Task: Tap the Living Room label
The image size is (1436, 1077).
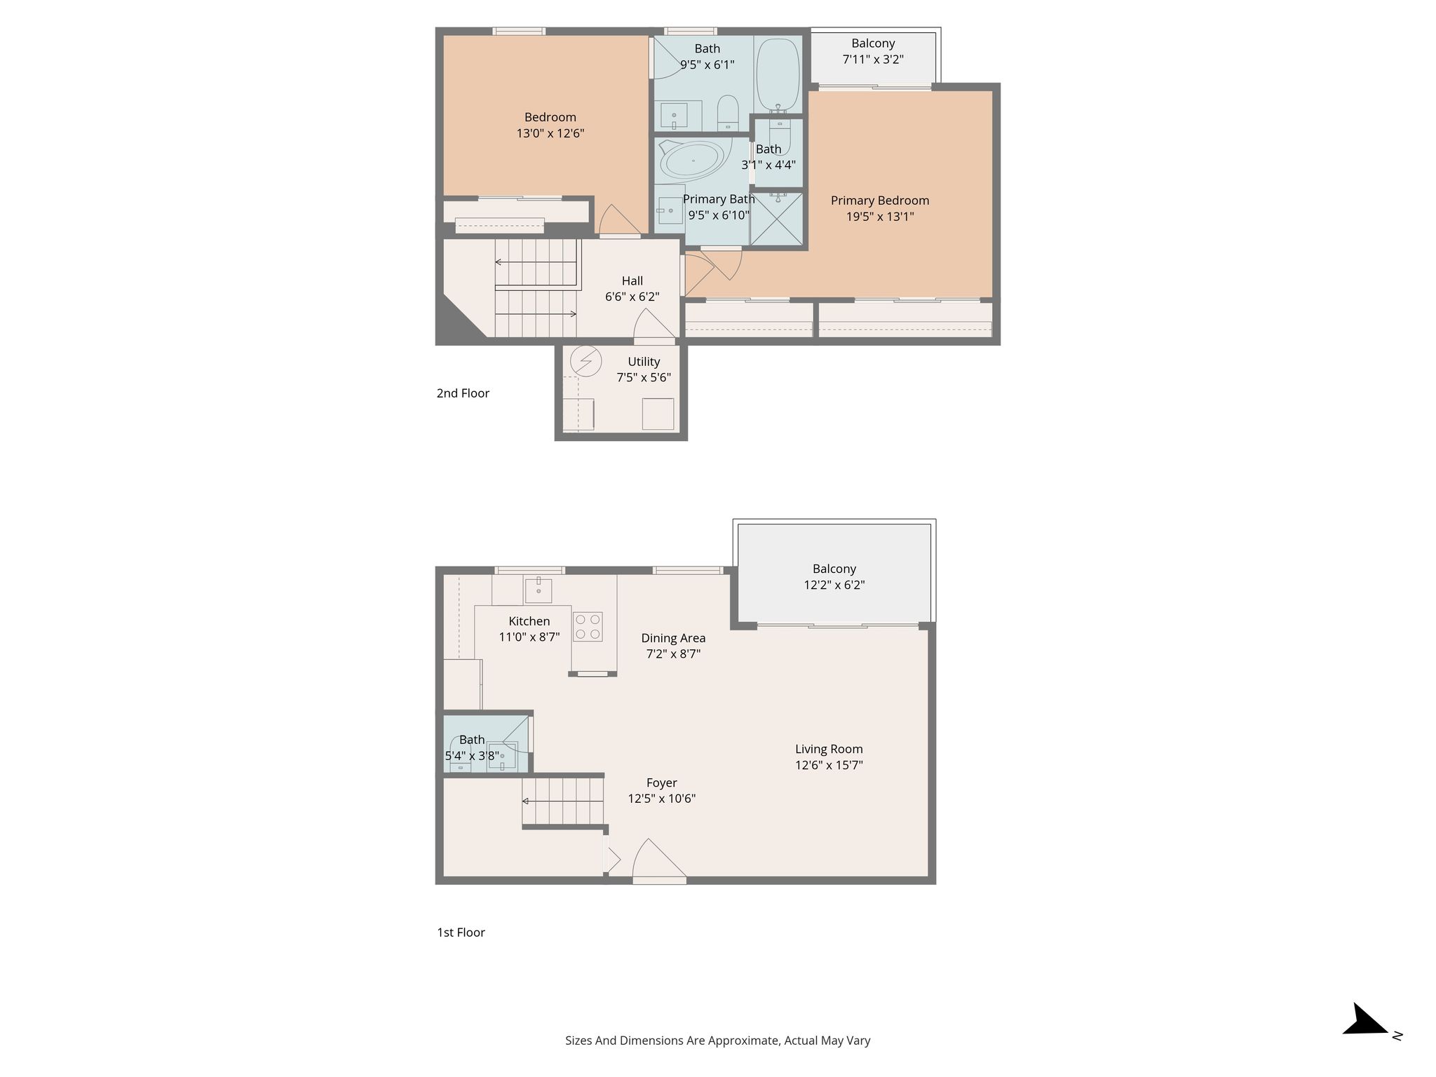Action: click(x=829, y=749)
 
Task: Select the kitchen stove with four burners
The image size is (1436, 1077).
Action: click(x=588, y=626)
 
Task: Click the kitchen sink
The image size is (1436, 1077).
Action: click(x=538, y=590)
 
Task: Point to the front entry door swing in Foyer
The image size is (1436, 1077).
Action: click(x=658, y=858)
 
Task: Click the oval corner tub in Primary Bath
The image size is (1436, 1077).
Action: click(x=693, y=161)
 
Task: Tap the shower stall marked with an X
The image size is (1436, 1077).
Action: click(x=775, y=219)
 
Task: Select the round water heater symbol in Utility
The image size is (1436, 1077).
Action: click(x=585, y=362)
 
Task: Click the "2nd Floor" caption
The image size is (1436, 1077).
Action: click(x=463, y=393)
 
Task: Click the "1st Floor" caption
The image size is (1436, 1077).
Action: click(x=461, y=933)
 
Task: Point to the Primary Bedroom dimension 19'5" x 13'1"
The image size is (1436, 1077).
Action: click(x=880, y=217)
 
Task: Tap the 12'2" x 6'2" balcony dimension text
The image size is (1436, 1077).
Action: click(x=834, y=585)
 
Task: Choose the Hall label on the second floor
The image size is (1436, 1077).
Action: click(x=632, y=280)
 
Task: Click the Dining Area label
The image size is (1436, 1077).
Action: click(x=673, y=638)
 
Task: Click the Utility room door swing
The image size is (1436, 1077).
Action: click(x=653, y=325)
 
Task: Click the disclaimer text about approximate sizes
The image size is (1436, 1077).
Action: click(x=718, y=1041)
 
